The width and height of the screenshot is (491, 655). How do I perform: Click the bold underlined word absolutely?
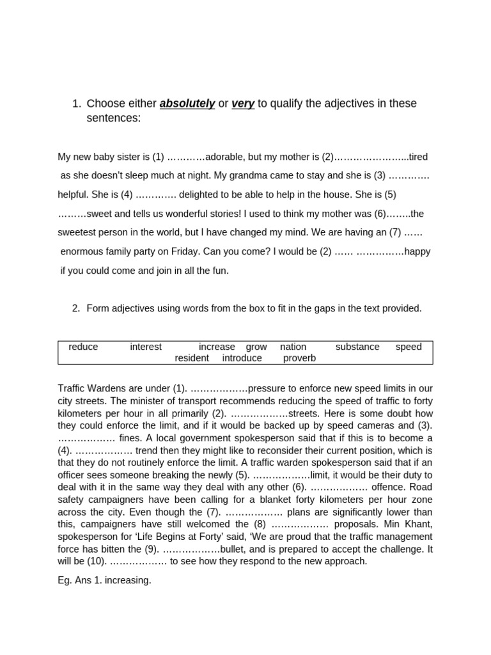tap(187, 104)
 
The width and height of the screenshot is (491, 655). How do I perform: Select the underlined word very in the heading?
tap(243, 104)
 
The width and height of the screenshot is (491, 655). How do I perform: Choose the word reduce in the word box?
tap(83, 347)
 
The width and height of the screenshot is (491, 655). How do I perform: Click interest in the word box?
tap(146, 347)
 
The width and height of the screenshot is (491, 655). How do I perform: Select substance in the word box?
tap(357, 347)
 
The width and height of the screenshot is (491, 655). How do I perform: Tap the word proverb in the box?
tap(299, 358)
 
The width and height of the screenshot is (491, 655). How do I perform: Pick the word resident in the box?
tap(192, 358)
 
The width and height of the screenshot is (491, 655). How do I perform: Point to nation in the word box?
tap(293, 347)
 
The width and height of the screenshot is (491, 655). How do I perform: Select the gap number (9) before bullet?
tap(151, 549)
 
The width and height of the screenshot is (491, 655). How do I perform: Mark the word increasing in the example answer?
tap(130, 581)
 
